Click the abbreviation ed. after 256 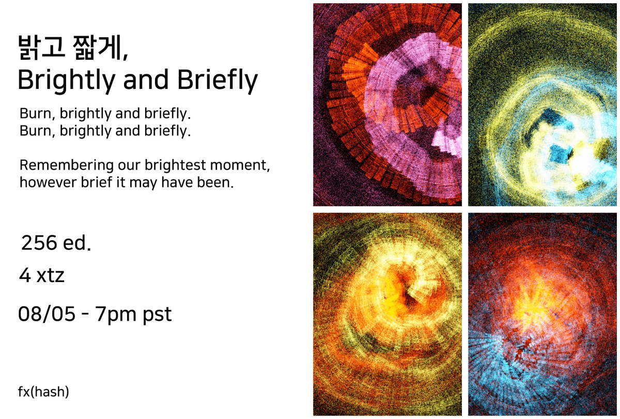pyautogui.click(x=77, y=243)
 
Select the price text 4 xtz pyautogui.click(x=42, y=276)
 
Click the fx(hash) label pyautogui.click(x=43, y=392)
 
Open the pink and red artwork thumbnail pyautogui.click(x=387, y=104)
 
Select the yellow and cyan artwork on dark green pyautogui.click(x=542, y=104)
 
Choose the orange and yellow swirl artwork pyautogui.click(x=387, y=314)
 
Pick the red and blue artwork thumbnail pyautogui.click(x=542, y=314)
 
